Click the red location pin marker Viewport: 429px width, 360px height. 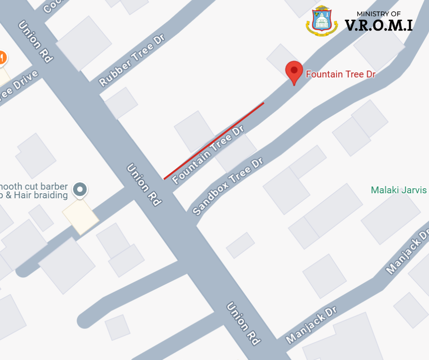tap(294, 72)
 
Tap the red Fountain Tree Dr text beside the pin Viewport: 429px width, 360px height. tap(340, 74)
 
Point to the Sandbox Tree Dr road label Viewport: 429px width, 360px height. tap(228, 186)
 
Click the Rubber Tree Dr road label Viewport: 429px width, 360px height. tap(132, 60)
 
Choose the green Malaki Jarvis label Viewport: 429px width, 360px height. tap(399, 190)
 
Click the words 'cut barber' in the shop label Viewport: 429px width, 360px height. tap(48, 187)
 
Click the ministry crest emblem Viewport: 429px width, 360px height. tap(322, 21)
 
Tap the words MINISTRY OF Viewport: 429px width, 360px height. tap(379, 14)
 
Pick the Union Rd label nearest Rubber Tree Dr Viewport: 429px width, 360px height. tap(36, 42)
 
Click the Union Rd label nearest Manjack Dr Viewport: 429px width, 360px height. tap(243, 323)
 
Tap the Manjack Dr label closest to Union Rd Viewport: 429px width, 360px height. tap(311, 325)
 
